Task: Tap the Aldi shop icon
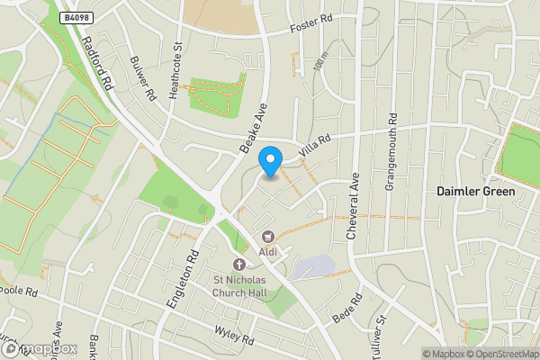[268, 238]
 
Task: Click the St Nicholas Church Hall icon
[239, 265]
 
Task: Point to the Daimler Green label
[475, 192]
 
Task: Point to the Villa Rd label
[316, 148]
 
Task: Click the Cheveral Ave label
[354, 206]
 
